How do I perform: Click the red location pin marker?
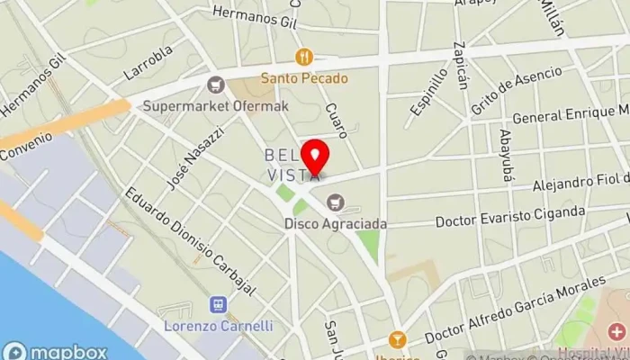coord(314,157)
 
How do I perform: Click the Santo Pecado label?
coord(304,77)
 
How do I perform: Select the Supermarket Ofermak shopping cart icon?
coord(215,85)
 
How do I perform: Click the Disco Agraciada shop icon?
coord(336,202)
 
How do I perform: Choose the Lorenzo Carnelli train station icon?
coord(217,305)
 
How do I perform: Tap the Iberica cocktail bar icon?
coord(396,339)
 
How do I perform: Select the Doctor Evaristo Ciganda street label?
coord(510,217)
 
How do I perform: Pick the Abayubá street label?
coord(506,156)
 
